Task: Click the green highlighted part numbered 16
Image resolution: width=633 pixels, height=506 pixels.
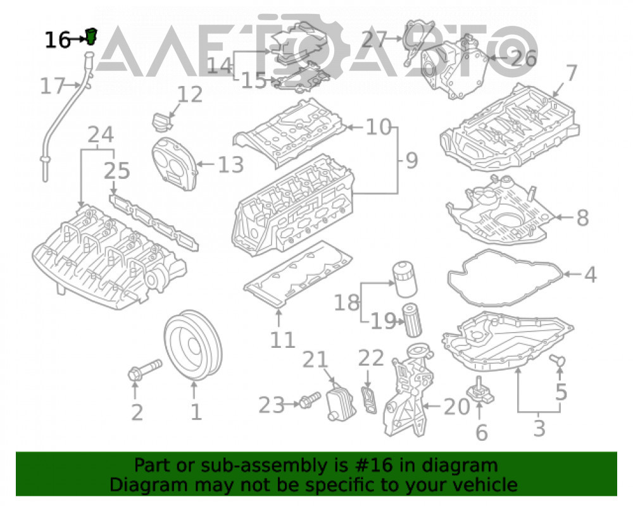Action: tap(92, 36)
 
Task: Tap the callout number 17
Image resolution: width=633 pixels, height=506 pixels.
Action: tap(53, 86)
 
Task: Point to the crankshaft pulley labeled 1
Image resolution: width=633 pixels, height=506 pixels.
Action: tap(193, 345)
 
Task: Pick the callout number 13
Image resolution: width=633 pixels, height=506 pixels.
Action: tap(231, 164)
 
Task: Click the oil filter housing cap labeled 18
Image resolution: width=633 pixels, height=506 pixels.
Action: tap(404, 279)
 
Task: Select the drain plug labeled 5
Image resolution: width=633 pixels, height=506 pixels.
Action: tap(558, 360)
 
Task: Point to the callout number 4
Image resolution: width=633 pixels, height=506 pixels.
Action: tap(591, 275)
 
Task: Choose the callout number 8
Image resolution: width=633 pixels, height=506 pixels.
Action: tap(582, 218)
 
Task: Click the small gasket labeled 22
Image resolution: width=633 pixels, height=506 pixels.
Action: tap(368, 400)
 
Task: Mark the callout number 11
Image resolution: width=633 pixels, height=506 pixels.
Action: tap(282, 340)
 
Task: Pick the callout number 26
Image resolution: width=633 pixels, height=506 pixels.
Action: tap(524, 59)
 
